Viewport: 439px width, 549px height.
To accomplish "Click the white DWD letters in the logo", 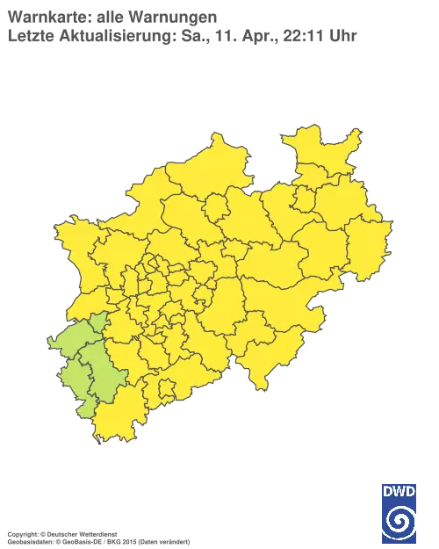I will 399,490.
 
